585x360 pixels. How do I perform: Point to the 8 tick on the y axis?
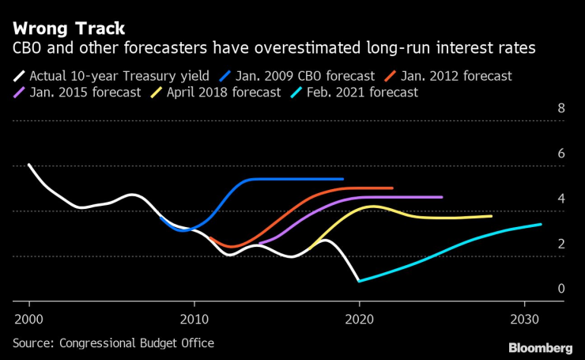pos(560,108)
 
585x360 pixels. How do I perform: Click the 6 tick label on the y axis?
pos(560,153)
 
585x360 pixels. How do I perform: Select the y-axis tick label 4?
pos(560,199)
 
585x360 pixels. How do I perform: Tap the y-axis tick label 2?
pos(560,244)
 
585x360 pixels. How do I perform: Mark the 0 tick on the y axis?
pos(560,289)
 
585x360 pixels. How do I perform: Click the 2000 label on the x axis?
pos(29,317)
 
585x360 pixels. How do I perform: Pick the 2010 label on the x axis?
pos(194,317)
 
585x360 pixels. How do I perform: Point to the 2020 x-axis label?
pos(360,317)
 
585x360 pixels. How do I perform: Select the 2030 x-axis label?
pos(524,317)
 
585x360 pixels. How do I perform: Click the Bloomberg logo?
pos(540,347)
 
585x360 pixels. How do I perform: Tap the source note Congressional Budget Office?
pos(113,343)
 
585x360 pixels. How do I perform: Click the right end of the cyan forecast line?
pos(541,224)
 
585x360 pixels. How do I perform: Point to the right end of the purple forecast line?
pos(441,197)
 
